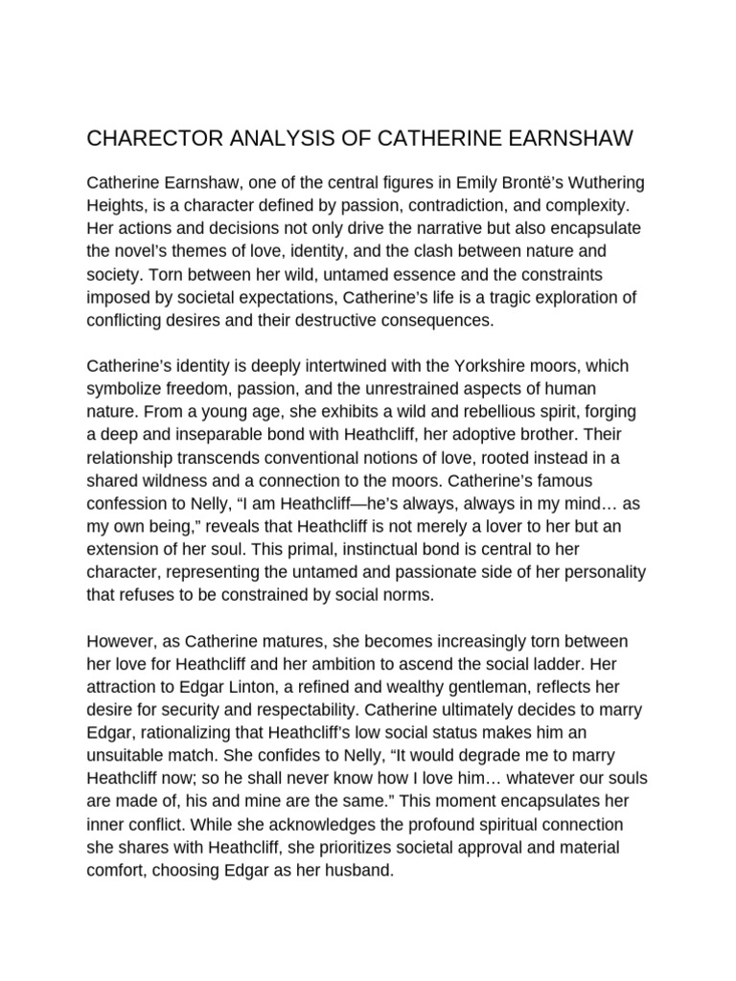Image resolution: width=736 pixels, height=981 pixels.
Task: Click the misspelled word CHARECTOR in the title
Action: coord(151,139)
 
